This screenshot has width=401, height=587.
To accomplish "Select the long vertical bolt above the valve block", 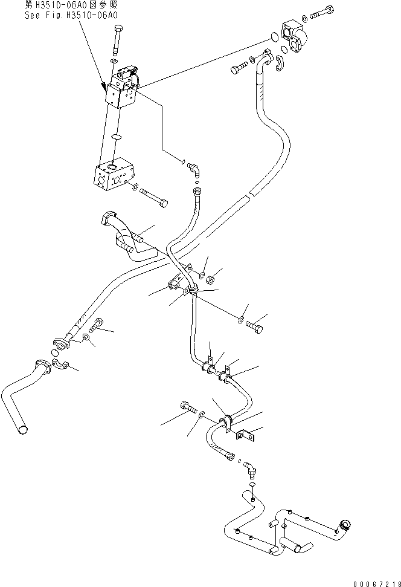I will click(116, 41).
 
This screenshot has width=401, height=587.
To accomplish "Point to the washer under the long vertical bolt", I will click(115, 62).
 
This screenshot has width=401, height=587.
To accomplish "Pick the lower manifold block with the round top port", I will click(113, 177).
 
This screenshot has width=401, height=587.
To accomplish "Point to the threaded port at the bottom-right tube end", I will click(346, 526).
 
